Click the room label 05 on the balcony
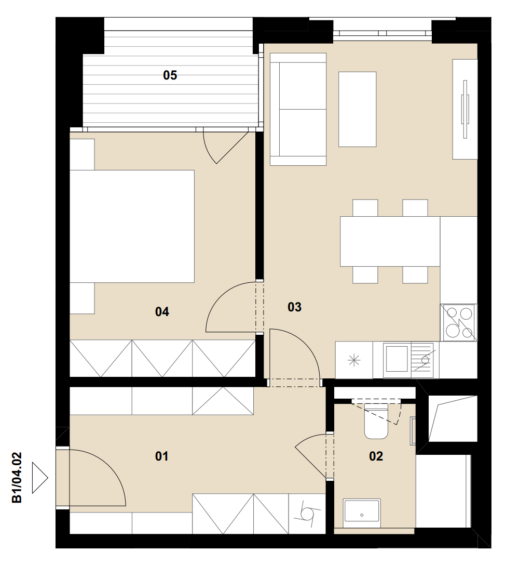click(x=170, y=75)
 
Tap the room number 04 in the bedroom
click(x=162, y=311)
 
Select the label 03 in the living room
click(x=294, y=307)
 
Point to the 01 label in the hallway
click(x=161, y=456)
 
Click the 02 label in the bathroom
click(x=376, y=456)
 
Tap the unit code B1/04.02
click(x=17, y=477)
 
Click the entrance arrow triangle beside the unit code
click(x=40, y=478)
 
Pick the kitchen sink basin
click(x=397, y=359)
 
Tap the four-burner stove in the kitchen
click(x=459, y=323)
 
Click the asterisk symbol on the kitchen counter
click(x=354, y=360)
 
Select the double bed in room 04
click(x=132, y=226)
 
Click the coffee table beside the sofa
click(x=358, y=109)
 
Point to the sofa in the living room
click(x=298, y=109)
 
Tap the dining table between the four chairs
click(x=390, y=241)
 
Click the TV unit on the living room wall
click(x=465, y=109)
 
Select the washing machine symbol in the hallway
click(x=307, y=513)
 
